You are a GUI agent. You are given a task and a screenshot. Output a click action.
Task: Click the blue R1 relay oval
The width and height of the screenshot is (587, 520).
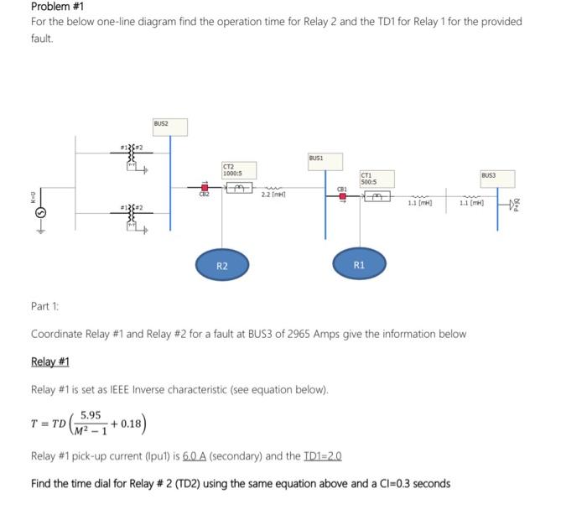point(359,265)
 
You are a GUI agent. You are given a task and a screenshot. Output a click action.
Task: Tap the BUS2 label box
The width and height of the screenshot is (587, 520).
point(161,125)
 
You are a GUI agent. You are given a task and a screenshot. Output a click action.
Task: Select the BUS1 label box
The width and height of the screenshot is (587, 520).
point(317,158)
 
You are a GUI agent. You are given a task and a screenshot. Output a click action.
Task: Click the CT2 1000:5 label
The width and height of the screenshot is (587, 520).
point(234,169)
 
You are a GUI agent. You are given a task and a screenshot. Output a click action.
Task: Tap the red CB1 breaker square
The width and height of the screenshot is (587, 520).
point(342,197)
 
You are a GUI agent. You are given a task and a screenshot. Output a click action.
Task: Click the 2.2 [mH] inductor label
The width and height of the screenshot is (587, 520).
point(273,195)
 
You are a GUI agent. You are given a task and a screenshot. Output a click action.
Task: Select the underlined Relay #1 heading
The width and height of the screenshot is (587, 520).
point(49,361)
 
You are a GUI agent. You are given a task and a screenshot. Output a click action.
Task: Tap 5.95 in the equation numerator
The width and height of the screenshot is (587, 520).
point(91,414)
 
